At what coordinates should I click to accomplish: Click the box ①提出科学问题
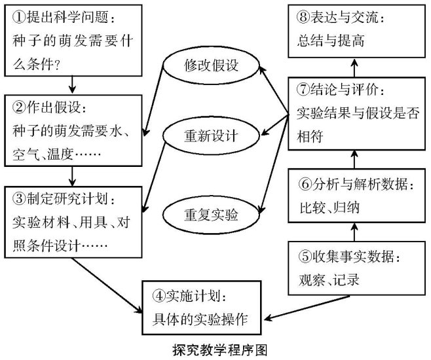71,40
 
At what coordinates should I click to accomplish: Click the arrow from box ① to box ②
71,84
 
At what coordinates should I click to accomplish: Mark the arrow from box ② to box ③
71,175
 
